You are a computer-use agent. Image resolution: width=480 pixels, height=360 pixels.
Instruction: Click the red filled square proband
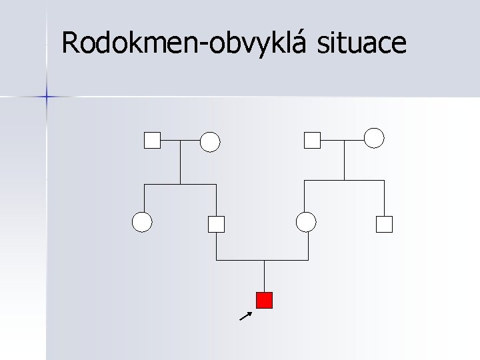(265, 301)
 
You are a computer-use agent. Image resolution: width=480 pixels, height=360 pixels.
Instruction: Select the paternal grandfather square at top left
(153, 141)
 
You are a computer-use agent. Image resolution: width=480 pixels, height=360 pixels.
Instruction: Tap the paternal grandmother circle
(210, 141)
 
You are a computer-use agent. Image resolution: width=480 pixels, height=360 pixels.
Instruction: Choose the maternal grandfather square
(312, 140)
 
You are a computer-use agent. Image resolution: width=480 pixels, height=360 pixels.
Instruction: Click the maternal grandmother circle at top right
(374, 137)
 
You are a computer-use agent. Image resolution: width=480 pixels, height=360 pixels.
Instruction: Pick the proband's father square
(216, 224)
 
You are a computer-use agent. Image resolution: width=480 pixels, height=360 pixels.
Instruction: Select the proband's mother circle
(306, 222)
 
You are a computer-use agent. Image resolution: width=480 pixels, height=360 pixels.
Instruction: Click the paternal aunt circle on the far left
(142, 222)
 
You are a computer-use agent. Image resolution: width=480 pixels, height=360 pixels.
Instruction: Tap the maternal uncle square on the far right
(384, 224)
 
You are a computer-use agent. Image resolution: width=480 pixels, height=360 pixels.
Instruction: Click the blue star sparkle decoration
(46, 97)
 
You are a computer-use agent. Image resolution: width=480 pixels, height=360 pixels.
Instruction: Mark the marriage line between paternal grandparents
(181, 141)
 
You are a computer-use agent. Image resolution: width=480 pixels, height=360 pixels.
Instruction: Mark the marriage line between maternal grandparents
(343, 140)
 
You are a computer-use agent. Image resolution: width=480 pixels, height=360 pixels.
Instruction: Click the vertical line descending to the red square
(265, 276)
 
